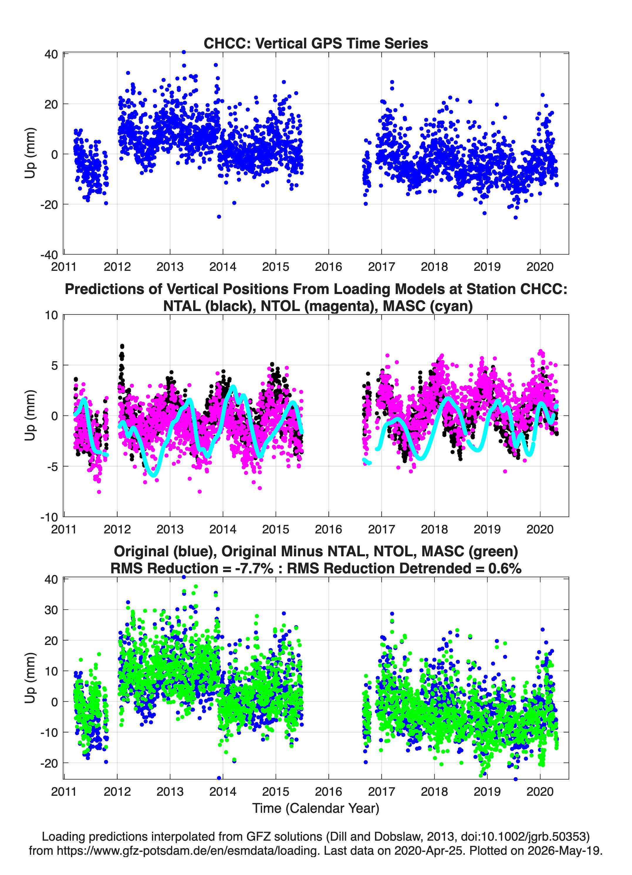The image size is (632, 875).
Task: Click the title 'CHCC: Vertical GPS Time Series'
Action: point(316,43)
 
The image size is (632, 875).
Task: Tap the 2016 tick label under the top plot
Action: point(328,267)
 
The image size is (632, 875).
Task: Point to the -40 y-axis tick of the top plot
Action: point(49,255)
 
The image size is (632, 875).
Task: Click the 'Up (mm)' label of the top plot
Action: point(30,153)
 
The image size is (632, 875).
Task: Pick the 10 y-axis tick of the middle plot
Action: point(51,315)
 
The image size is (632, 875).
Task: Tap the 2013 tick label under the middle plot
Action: point(170,529)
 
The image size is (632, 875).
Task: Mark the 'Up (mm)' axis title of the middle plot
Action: point(30,415)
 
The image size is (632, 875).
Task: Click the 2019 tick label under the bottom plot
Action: point(487,791)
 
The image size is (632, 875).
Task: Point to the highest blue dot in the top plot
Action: point(184,52)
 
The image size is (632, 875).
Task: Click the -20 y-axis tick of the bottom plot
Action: point(49,763)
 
